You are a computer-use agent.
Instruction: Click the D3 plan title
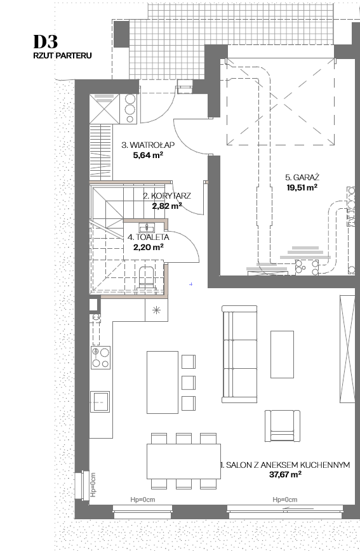pyautogui.click(x=45, y=42)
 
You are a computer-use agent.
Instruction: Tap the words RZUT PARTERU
pyautogui.click(x=63, y=55)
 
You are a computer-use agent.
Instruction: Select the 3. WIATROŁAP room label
pyautogui.click(x=148, y=145)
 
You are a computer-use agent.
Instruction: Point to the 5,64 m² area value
pyautogui.click(x=148, y=155)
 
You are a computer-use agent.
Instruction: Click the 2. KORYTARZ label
pyautogui.click(x=167, y=196)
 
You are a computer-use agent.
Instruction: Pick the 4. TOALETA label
pyautogui.click(x=149, y=237)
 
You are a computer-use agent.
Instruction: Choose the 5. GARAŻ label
pyautogui.click(x=302, y=177)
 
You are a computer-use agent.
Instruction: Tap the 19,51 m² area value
pyautogui.click(x=302, y=187)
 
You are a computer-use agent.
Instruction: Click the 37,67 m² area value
pyautogui.click(x=286, y=475)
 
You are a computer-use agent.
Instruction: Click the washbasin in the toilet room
pyautogui.click(x=145, y=226)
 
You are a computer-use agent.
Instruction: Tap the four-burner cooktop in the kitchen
pyautogui.click(x=100, y=357)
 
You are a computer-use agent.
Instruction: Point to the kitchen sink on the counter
pyautogui.click(x=100, y=401)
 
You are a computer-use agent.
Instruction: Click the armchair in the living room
pyautogui.click(x=283, y=426)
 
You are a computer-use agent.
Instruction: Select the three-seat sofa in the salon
pyautogui.click(x=239, y=354)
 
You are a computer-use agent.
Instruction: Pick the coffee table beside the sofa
pyautogui.click(x=282, y=354)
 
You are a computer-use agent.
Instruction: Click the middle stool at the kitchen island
pyautogui.click(x=189, y=382)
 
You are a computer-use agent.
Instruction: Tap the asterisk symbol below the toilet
pyautogui.click(x=156, y=310)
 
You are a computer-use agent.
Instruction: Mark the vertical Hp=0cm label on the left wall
pyautogui.click(x=93, y=484)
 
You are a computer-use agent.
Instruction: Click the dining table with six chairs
pyautogui.click(x=183, y=461)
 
